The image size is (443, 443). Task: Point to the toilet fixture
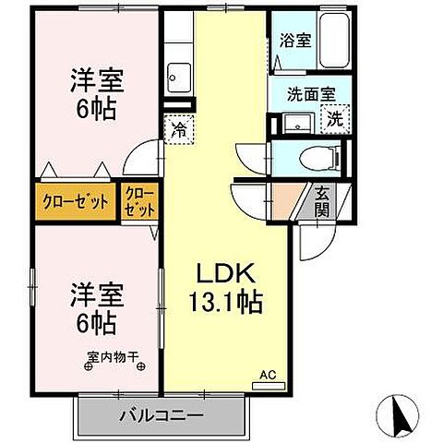tap(319, 156)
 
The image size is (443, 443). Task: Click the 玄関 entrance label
tap(322, 200)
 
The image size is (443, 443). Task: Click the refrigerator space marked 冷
tap(178, 129)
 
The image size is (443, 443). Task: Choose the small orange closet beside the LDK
tap(139, 200)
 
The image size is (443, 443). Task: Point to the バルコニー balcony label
tap(160, 415)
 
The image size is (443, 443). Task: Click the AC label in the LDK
tap(268, 375)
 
